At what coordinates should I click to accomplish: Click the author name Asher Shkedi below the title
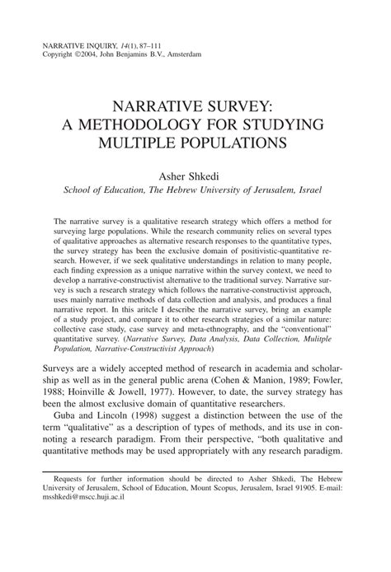(x=195, y=174)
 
